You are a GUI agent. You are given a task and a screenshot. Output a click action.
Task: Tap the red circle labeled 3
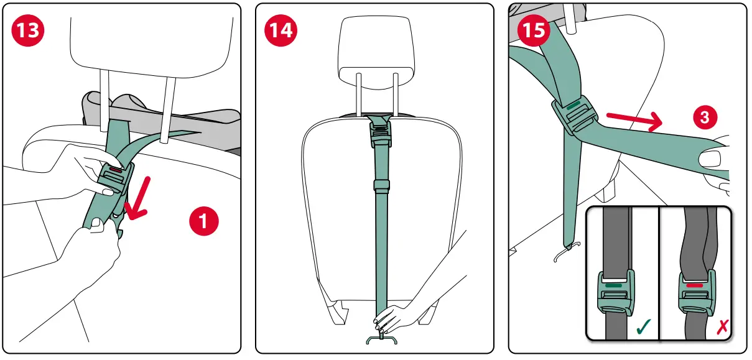point(704,117)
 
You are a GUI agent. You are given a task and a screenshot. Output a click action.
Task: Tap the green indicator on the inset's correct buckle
point(615,286)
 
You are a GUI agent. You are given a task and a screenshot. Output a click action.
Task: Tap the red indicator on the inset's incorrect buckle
point(694,286)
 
